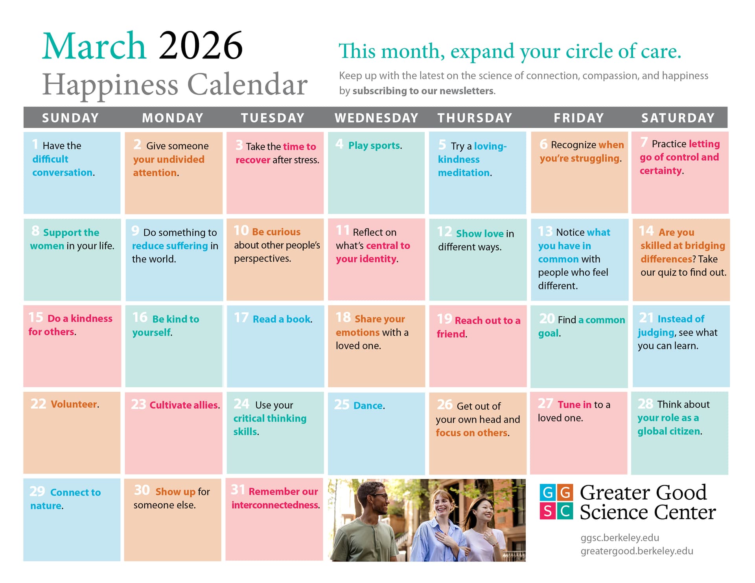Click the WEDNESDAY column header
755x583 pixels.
376,118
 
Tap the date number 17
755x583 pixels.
241,317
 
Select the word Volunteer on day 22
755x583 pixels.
74,404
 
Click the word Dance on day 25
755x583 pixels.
368,405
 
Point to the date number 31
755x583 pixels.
238,490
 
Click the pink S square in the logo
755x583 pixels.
547,511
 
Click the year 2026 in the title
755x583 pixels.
201,46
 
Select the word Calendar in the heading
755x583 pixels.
247,84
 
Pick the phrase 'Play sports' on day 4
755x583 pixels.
374,145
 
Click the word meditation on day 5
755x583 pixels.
464,172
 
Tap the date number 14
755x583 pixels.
646,231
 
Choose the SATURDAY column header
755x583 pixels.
678,118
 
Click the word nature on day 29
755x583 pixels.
46,506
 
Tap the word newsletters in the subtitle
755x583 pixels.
467,91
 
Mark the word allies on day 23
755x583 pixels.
205,405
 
